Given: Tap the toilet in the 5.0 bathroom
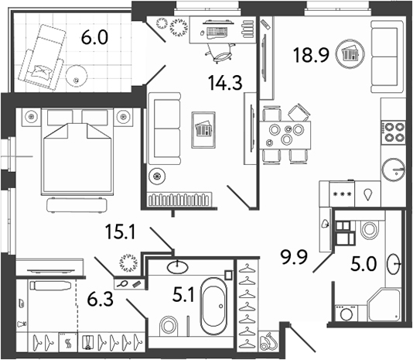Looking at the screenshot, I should pos(367,230).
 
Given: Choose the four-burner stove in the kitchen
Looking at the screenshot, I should pos(395,131).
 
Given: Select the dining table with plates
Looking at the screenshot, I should pos(284,135).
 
